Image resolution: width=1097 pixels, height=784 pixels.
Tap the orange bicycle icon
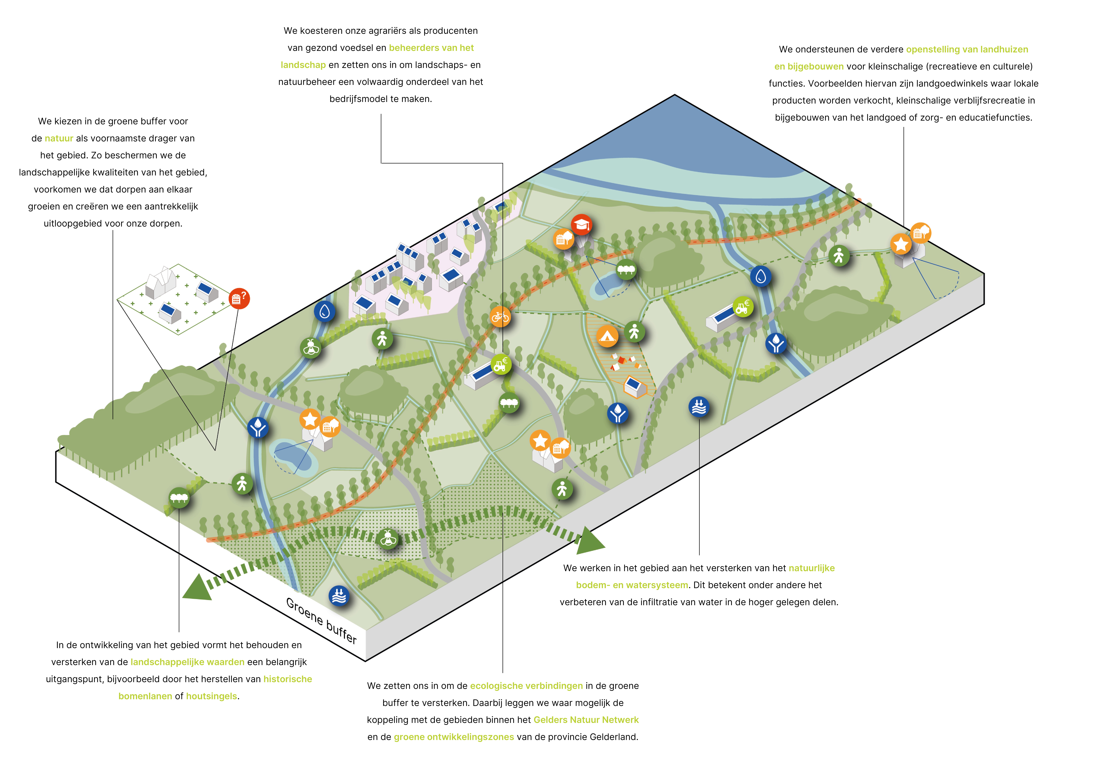(x=500, y=317)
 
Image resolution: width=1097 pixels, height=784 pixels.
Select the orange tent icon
(x=607, y=335)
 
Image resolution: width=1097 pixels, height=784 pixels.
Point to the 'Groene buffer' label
(x=321, y=620)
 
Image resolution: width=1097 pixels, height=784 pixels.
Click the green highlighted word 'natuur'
(x=59, y=139)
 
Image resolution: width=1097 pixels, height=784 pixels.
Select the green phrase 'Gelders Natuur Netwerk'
(x=586, y=720)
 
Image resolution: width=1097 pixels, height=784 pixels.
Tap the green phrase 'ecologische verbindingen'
(x=526, y=686)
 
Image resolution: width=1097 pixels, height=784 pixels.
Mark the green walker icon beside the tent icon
(x=634, y=332)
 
